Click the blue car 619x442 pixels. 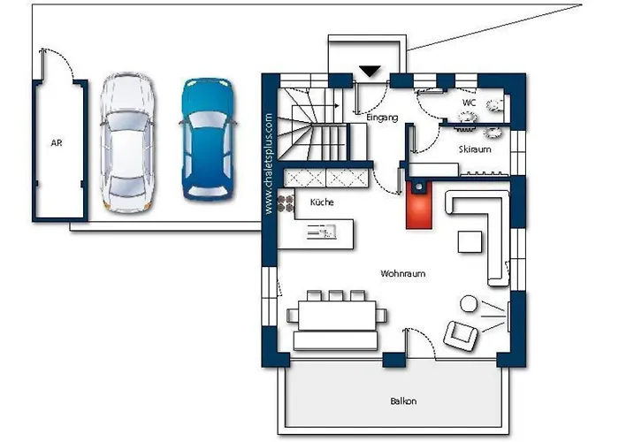coord(207,139)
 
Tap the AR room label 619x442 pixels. coord(57,143)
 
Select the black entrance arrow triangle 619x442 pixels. coord(371,71)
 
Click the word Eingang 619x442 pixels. coord(382,118)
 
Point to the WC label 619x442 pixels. coord(469,103)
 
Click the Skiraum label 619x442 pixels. coord(475,149)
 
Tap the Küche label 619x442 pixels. coord(322,202)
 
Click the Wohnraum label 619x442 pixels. coord(403,273)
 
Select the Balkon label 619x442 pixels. coord(403,401)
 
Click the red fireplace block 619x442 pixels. coord(419,204)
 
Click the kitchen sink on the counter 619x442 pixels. coord(321,232)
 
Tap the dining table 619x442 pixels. coord(337,316)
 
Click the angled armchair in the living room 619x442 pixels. coord(461,335)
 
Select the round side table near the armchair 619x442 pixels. coord(469,303)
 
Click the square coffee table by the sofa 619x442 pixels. coord(470,242)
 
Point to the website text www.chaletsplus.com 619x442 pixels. coord(269,164)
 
